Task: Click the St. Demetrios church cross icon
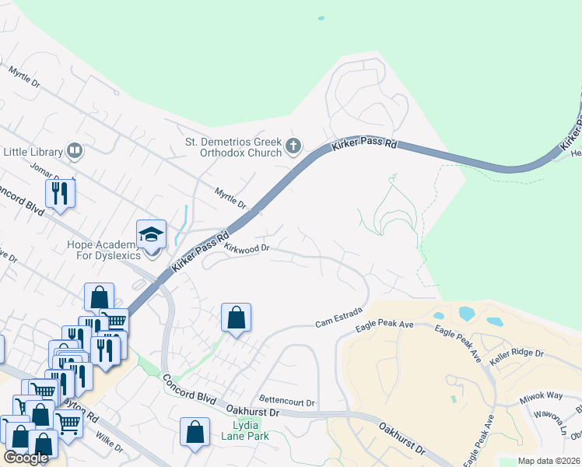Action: pyautogui.click(x=293, y=146)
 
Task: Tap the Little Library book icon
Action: pyautogui.click(x=75, y=149)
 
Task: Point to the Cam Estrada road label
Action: pyautogui.click(x=339, y=318)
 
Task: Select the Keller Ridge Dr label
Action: pyautogui.click(x=517, y=357)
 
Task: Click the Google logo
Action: pyautogui.click(x=26, y=458)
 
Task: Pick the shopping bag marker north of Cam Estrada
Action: pyautogui.click(x=236, y=318)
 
